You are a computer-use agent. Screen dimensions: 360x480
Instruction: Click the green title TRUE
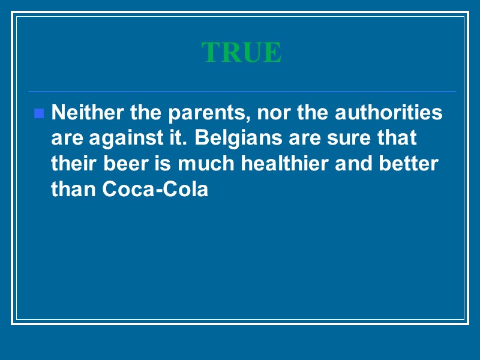tap(241, 53)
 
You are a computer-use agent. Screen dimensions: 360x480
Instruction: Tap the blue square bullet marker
tap(39, 113)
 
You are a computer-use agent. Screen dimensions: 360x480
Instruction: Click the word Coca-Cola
tap(156, 189)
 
